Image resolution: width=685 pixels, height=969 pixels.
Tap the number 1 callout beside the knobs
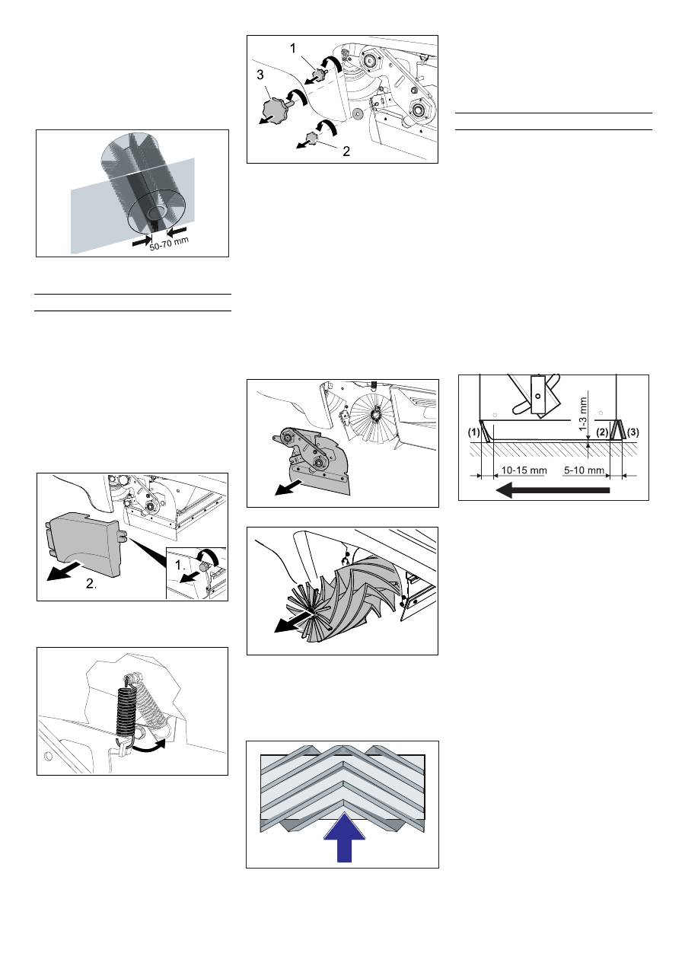click(293, 49)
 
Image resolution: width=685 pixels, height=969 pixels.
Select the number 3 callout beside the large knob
click(260, 75)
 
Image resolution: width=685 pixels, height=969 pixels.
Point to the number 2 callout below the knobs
click(346, 151)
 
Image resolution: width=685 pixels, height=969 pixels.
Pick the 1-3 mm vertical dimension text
click(583, 414)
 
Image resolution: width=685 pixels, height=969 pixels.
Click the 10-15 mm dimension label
click(524, 470)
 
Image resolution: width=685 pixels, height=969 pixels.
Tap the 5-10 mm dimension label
click(584, 470)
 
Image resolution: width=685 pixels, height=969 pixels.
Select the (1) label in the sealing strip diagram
click(474, 432)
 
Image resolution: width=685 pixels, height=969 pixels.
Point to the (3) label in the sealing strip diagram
click(632, 432)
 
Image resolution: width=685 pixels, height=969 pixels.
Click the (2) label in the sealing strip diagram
click(602, 432)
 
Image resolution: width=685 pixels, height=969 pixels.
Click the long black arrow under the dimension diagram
click(553, 490)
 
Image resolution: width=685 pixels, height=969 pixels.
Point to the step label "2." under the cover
click(91, 584)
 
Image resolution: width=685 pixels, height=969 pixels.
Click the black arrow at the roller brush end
click(293, 623)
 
